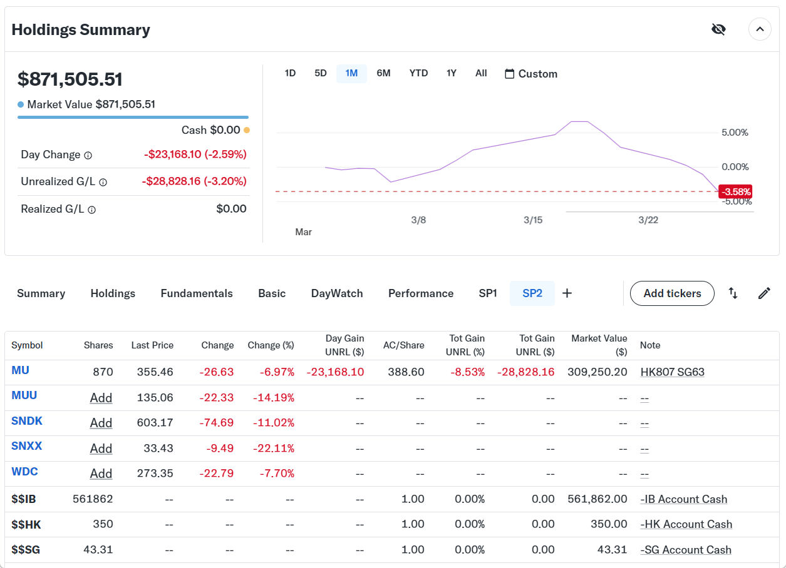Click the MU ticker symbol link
[20, 370]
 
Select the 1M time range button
[351, 73]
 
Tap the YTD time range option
[418, 73]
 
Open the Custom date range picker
[531, 74]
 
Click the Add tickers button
[672, 293]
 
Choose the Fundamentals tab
[197, 293]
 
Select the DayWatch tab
[337, 293]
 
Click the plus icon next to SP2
[567, 293]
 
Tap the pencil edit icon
[764, 293]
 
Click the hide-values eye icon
[718, 29]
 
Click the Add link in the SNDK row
[101, 423]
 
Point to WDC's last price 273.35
[155, 474]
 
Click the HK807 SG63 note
[672, 372]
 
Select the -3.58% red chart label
[735, 191]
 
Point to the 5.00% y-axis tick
[735, 133]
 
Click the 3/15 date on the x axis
[533, 220]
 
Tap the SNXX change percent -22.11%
[274, 449]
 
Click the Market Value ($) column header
[599, 345]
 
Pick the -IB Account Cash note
[683, 499]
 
